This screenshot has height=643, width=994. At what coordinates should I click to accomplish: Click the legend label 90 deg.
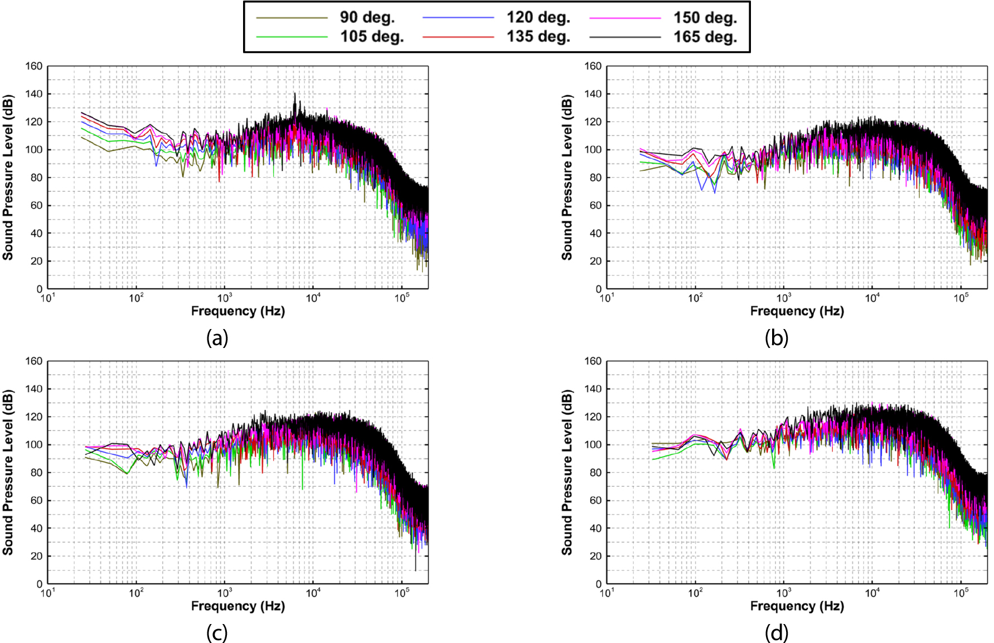[x=367, y=18]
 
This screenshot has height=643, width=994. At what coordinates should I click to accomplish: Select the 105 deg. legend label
[x=372, y=37]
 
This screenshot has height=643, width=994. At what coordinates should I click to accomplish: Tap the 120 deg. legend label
[x=538, y=18]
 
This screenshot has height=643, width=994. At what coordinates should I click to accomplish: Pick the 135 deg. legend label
[x=538, y=37]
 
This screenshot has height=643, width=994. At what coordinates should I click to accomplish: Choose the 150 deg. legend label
[x=705, y=18]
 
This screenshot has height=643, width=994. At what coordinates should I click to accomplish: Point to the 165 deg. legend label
[x=705, y=37]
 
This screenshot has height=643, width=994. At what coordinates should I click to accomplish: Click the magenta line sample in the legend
[x=625, y=18]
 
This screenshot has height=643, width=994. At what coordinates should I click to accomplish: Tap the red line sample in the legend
[x=458, y=37]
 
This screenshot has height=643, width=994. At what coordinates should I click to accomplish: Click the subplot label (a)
[x=217, y=338]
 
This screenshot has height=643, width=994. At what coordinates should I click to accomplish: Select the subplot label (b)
[x=776, y=338]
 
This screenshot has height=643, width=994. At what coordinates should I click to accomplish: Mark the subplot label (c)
[x=217, y=633]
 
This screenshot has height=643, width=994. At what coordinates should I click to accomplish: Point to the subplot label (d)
[x=776, y=633]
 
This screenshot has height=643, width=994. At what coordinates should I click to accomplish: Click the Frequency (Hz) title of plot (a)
[x=238, y=311]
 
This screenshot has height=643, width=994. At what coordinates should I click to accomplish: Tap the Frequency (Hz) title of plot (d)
[x=797, y=606]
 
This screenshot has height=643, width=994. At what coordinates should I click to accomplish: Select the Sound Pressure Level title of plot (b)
[x=567, y=177]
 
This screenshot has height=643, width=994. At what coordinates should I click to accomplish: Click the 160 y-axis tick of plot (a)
[x=33, y=66]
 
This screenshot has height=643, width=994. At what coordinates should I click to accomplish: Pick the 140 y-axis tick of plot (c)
[x=33, y=389]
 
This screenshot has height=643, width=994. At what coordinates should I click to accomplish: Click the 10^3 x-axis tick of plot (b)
[x=783, y=298]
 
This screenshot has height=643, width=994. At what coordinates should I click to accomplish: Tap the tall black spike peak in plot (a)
[x=295, y=94]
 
